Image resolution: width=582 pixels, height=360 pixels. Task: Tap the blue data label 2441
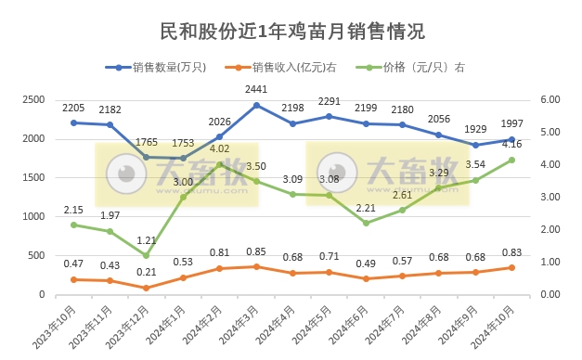click(256, 89)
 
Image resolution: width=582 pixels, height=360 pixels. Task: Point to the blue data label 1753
click(184, 143)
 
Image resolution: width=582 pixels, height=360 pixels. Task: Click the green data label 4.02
click(220, 148)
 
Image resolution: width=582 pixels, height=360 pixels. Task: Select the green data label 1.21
click(147, 239)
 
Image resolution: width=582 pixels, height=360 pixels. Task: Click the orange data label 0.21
click(147, 272)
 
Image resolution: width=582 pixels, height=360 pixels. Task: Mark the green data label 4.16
click(511, 144)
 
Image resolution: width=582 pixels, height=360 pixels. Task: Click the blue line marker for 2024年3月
click(256, 105)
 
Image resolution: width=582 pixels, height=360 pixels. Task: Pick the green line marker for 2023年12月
click(147, 255)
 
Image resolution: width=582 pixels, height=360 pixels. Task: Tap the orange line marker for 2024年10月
click(511, 268)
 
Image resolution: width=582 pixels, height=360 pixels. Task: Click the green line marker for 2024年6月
click(366, 223)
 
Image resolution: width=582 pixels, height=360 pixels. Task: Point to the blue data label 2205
click(74, 108)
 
